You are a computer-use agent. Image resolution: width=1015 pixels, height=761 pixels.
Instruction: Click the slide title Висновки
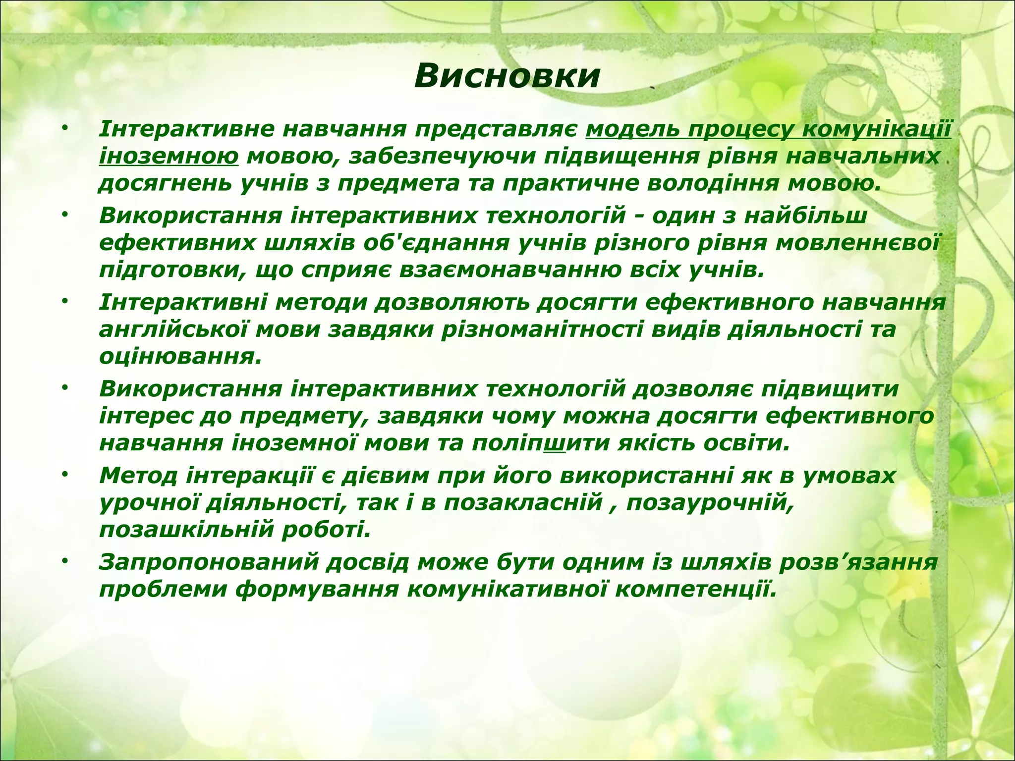pyautogui.click(x=507, y=77)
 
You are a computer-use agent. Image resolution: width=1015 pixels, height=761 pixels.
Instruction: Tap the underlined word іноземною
pyautogui.click(x=169, y=157)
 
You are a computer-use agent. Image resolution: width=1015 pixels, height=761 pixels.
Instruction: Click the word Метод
pyautogui.click(x=138, y=476)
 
